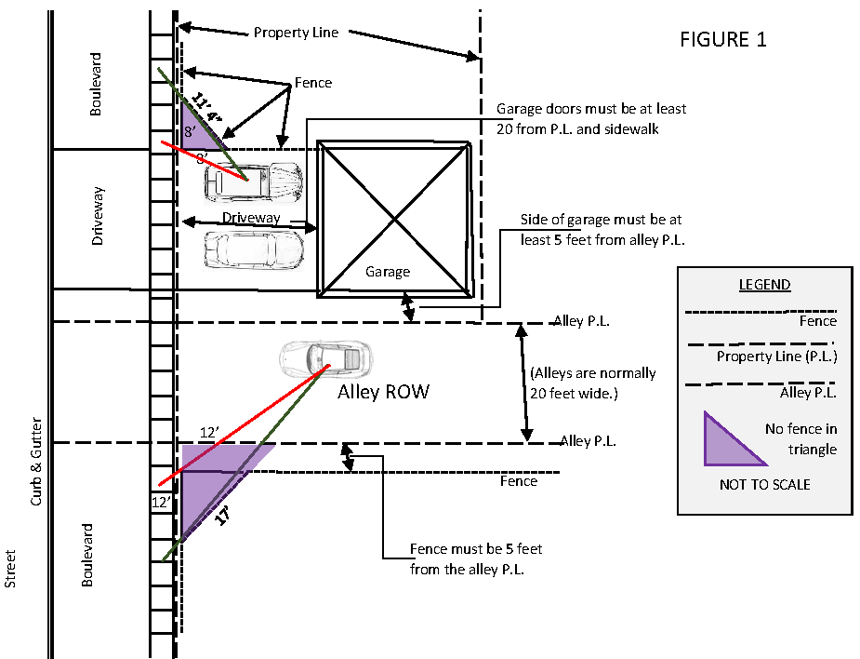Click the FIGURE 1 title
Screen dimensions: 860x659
pos(723,39)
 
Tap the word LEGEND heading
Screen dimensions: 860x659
pos(764,285)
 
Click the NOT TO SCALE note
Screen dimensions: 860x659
pos(764,484)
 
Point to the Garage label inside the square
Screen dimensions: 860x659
pos(388,272)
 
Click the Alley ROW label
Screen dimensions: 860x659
pos(383,392)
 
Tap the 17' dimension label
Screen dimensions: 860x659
pos(221,516)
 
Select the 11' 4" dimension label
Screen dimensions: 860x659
pos(206,109)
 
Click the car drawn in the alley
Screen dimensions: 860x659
pos(325,359)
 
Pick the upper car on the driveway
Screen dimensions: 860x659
pos(254,182)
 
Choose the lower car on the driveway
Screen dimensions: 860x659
pos(254,250)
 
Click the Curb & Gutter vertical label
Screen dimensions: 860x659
pos(36,462)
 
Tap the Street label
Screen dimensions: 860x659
pos(10,569)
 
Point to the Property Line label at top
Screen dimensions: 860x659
pos(297,33)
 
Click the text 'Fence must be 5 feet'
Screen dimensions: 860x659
pos(476,549)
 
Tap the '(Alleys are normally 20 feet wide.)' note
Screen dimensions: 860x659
pos(593,383)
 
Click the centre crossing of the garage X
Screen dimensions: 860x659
pos(395,220)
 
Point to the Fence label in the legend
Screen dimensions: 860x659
pos(818,321)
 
